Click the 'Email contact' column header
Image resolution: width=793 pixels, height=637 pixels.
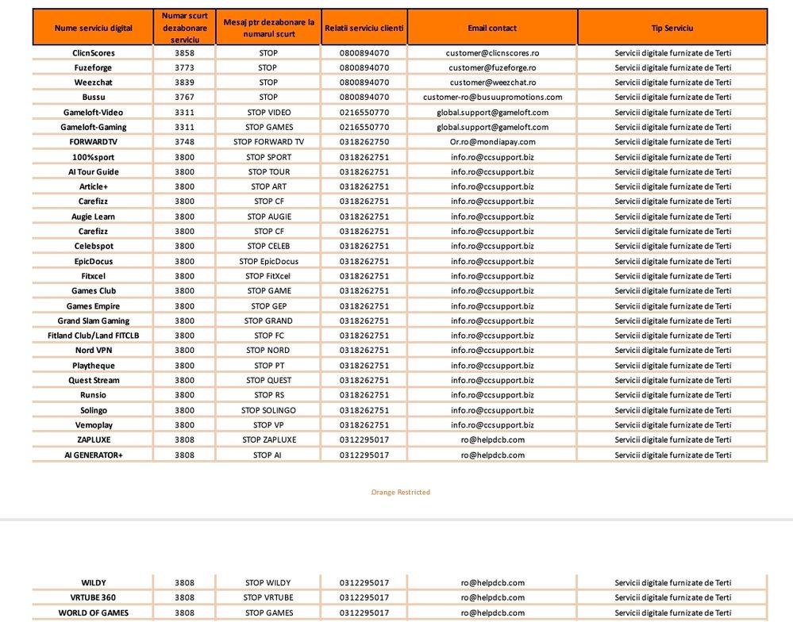[492, 29]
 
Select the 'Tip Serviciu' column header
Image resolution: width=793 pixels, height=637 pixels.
[672, 29]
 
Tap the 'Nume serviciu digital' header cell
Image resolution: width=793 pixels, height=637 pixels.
[94, 29]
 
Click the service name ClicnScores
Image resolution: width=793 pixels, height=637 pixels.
[94, 53]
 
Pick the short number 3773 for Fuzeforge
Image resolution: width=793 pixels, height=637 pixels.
[184, 68]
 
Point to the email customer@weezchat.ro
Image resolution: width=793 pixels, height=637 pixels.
[492, 83]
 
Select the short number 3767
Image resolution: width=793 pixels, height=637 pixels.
[184, 98]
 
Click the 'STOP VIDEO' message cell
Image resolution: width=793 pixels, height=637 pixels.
[268, 113]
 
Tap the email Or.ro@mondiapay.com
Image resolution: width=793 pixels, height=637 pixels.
[492, 142]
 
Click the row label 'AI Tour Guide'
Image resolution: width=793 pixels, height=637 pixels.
[94, 172]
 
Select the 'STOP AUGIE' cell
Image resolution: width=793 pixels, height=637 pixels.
[268, 217]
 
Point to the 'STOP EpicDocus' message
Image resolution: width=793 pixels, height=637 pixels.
[268, 261]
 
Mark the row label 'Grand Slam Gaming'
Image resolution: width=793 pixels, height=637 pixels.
[94, 321]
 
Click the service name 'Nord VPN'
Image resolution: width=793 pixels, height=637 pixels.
[94, 351]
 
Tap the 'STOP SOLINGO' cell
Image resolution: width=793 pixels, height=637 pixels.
[268, 410]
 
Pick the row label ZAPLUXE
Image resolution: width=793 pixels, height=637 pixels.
[94, 439]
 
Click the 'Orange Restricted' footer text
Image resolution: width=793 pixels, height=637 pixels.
[400, 493]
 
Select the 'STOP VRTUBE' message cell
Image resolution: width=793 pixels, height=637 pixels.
[268, 597]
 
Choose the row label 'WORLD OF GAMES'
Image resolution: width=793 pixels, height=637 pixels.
[94, 612]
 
